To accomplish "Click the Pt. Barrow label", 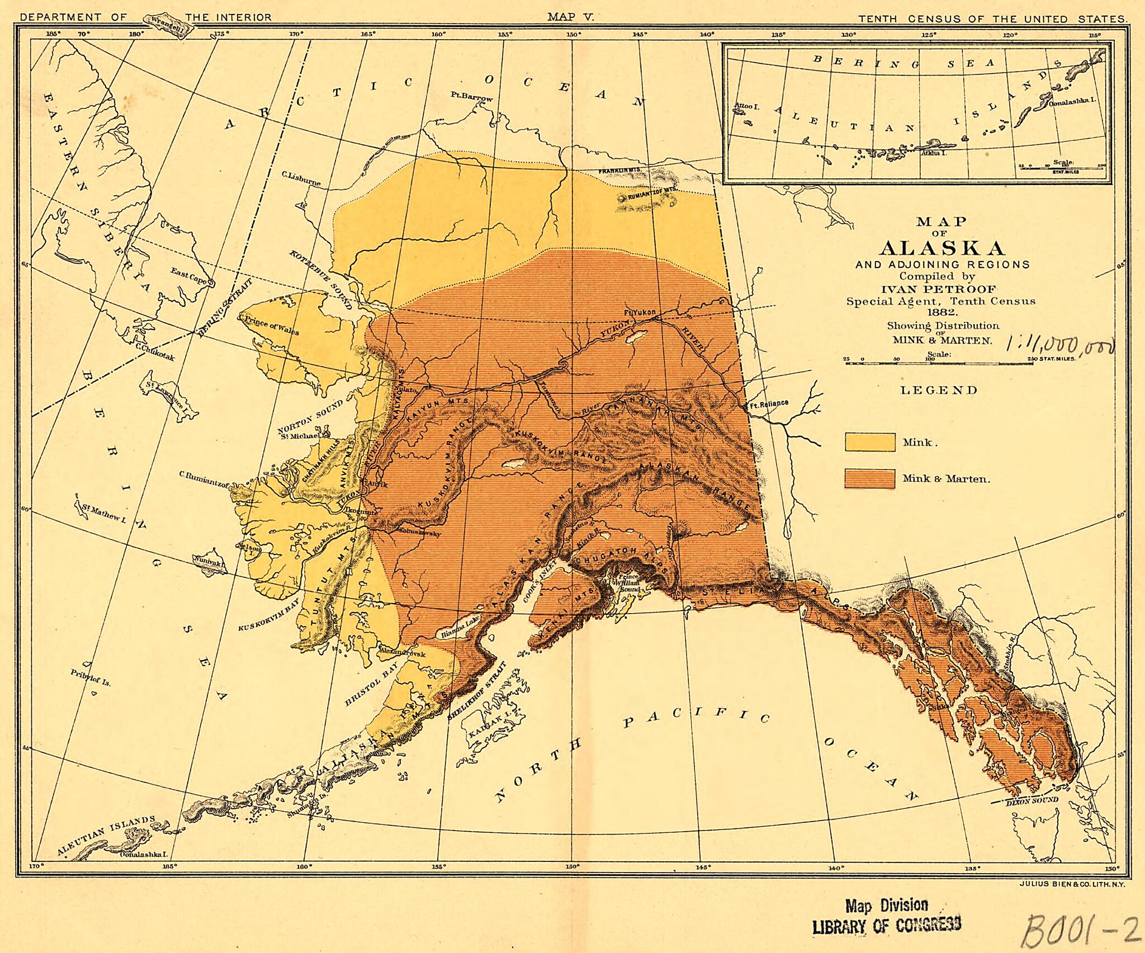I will click(472, 97).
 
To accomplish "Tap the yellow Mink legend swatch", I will click(869, 442).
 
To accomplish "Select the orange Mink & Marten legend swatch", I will click(869, 478).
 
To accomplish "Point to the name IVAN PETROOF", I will click(941, 289).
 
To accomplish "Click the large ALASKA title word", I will click(942, 248).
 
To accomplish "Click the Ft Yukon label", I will click(639, 312).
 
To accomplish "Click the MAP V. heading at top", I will click(570, 17).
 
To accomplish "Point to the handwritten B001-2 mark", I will click(1079, 928).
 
